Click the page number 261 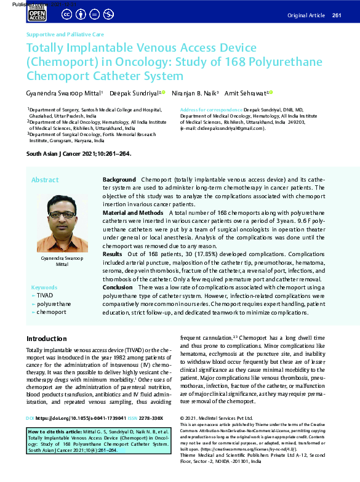[337, 15]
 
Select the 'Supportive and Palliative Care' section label [65, 34]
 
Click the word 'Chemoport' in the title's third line [54, 76]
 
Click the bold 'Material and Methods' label [132, 212]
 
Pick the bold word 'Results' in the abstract [112, 254]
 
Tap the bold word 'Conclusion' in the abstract [117, 287]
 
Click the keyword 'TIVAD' [45, 295]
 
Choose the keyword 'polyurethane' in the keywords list [54, 303]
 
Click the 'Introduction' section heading [46, 339]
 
